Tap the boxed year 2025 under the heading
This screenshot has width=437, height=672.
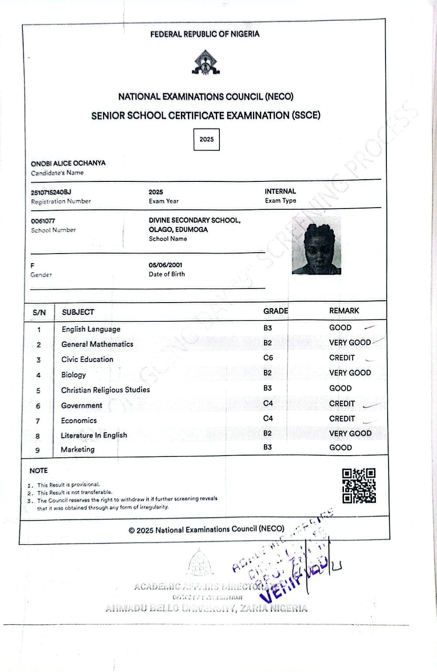coord(207,139)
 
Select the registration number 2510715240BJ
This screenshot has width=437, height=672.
coord(51,192)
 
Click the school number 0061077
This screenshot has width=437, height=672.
coord(43,221)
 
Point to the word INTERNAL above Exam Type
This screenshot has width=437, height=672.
coord(280,191)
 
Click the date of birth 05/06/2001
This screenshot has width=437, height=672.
coord(166,265)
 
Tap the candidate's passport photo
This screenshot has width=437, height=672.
coord(316,245)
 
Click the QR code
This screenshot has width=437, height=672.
coord(359,485)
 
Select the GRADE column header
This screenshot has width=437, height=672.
coord(275,311)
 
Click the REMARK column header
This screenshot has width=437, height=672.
coord(344,310)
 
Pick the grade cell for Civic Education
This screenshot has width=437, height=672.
coord(268,358)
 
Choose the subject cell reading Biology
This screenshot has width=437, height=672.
coord(73,375)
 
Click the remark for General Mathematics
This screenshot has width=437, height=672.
coord(350,342)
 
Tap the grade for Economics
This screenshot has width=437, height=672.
coord(268,418)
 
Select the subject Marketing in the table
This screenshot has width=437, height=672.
coord(77,449)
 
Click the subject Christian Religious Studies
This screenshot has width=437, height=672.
coord(105,390)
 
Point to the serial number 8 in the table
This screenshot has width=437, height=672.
coord(38,436)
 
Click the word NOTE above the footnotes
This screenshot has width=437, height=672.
coord(38,470)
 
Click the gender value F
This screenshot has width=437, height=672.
coord(32,265)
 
